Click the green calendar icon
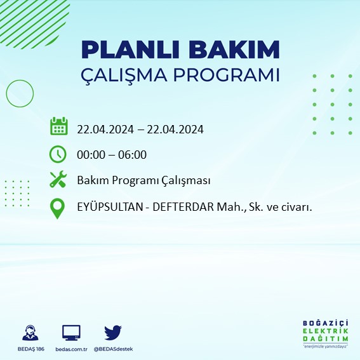58,126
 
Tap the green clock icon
58,154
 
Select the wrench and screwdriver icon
58,180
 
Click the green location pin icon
58,208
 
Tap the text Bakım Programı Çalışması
143,181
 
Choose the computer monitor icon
70,333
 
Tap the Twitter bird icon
112,332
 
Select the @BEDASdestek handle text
113,349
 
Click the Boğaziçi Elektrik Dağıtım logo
326,333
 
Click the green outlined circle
20,93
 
